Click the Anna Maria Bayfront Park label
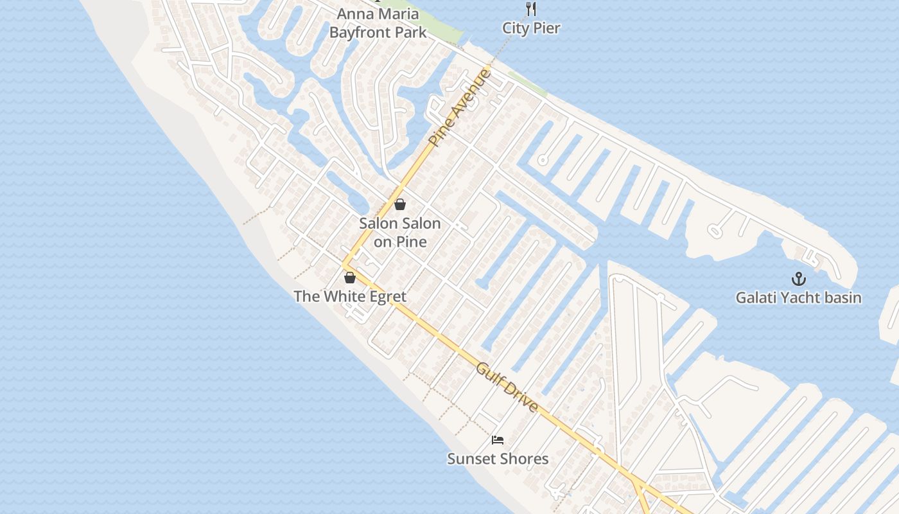378,23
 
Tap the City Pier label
531,28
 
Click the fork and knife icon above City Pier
530,9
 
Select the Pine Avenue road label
460,107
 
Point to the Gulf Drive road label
507,388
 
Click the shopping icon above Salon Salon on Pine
400,204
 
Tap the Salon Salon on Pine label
400,233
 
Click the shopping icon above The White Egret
350,278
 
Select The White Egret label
350,296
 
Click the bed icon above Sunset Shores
498,440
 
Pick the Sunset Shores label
498,459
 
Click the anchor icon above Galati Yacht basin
798,279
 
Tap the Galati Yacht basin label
798,297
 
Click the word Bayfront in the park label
361,32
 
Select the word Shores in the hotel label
525,459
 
